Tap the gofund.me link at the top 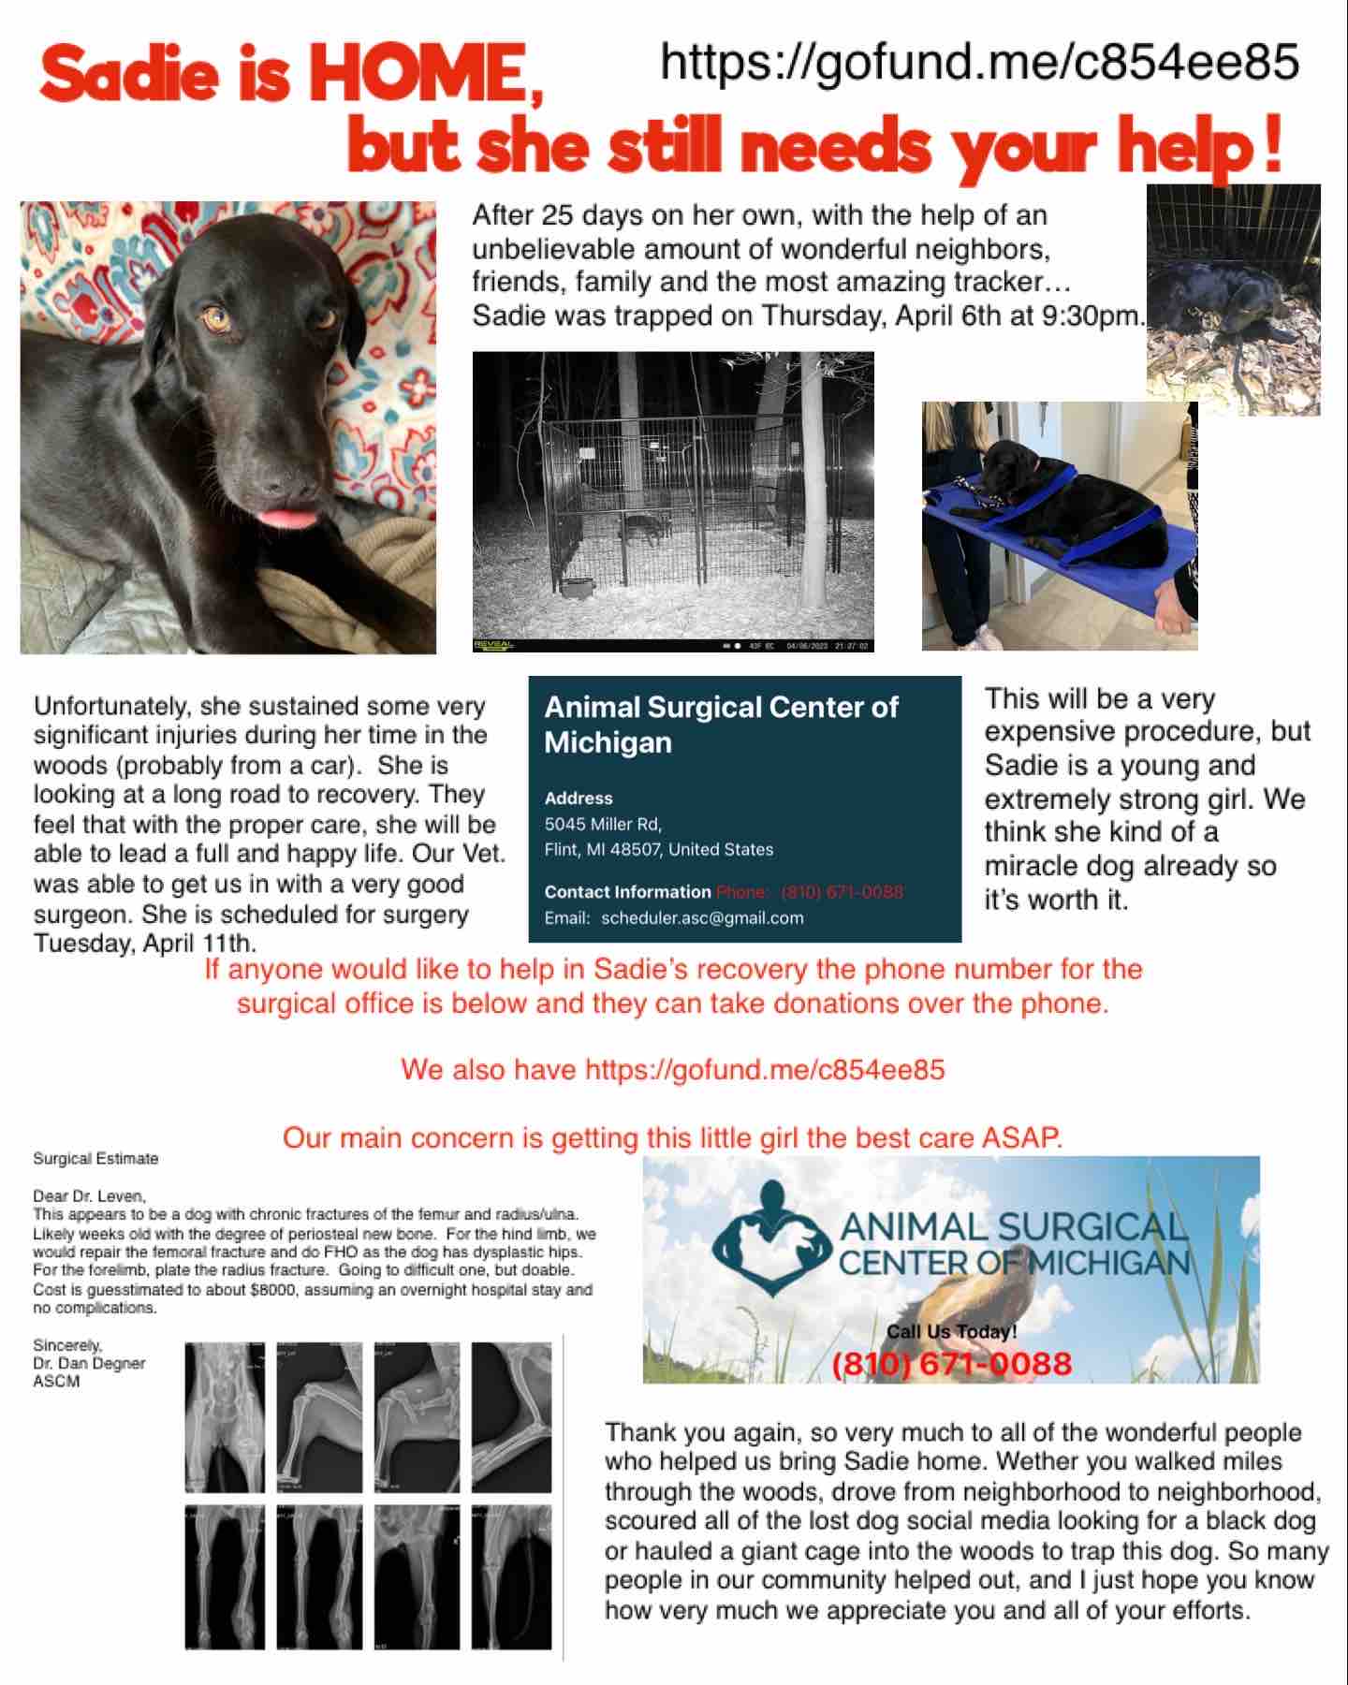tap(979, 62)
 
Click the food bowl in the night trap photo tap(579, 588)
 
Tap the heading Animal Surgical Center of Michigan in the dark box tap(721, 725)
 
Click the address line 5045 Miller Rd tap(603, 824)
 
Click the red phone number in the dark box tap(842, 891)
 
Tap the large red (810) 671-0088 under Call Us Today tap(951, 1363)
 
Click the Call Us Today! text tap(951, 1331)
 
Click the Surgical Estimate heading tap(95, 1158)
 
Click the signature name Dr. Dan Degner tap(89, 1363)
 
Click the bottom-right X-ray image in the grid tap(511, 1576)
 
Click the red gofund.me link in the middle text tap(765, 1069)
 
